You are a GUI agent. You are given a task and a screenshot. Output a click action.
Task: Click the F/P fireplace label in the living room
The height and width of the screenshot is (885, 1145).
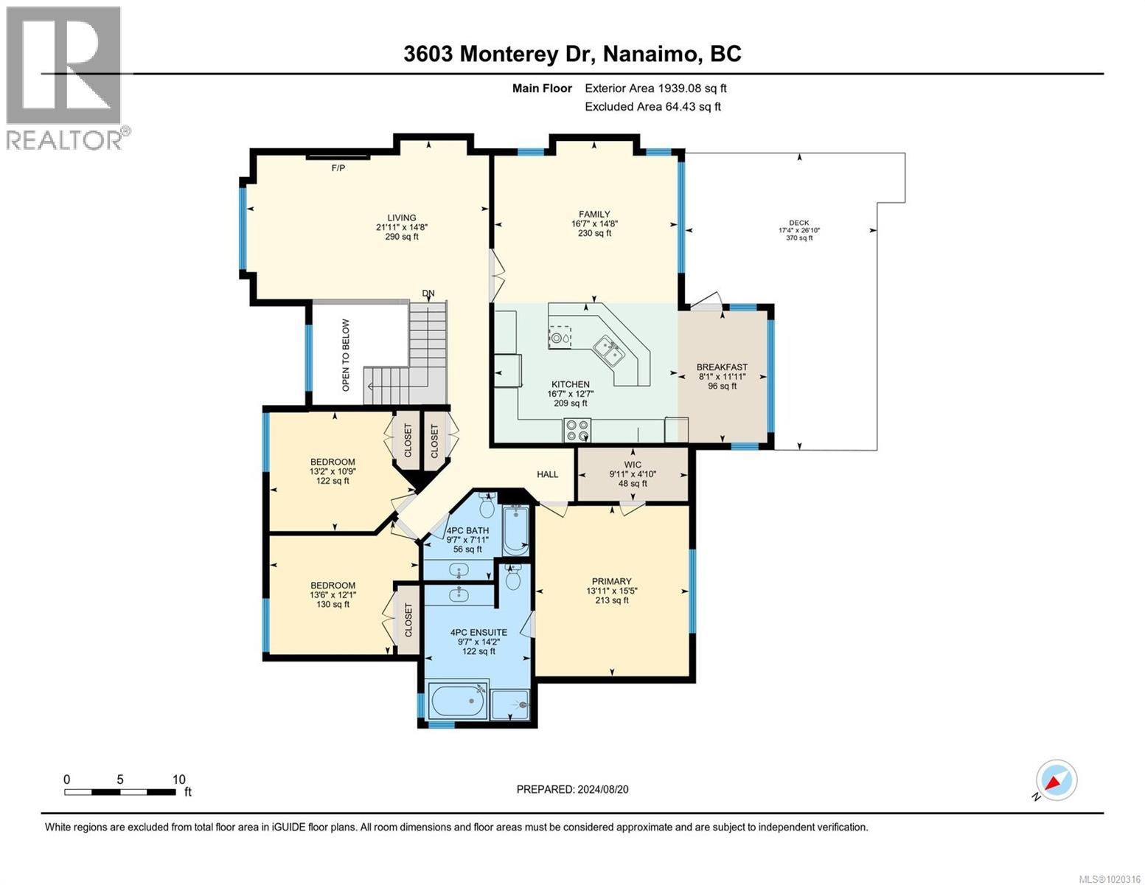point(338,168)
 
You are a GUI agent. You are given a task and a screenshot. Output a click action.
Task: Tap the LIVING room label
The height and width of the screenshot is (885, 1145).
point(403,218)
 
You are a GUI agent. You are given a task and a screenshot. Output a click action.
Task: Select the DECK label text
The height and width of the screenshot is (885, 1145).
point(799,223)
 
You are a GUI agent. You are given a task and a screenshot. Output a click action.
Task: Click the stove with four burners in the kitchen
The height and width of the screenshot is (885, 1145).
point(577,429)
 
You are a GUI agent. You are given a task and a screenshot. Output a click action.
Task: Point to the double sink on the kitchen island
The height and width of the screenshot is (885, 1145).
point(609,350)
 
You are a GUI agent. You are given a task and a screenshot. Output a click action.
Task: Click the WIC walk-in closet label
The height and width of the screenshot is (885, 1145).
point(633,465)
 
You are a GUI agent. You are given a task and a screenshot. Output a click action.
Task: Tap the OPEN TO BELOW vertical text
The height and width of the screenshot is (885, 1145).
point(346,355)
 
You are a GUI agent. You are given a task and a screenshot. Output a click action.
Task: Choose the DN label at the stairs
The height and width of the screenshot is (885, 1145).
point(428,294)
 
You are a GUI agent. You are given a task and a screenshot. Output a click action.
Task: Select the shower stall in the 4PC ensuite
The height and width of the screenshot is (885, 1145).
point(511,704)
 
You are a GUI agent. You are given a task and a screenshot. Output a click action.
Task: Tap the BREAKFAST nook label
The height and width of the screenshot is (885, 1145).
point(722,367)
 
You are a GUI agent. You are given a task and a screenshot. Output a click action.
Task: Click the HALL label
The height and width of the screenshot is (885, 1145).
point(547,474)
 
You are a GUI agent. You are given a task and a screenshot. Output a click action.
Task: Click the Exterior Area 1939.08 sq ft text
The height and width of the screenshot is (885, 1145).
point(655,88)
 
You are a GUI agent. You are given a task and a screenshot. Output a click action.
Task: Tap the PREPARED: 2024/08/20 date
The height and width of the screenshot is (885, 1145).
point(572,789)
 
